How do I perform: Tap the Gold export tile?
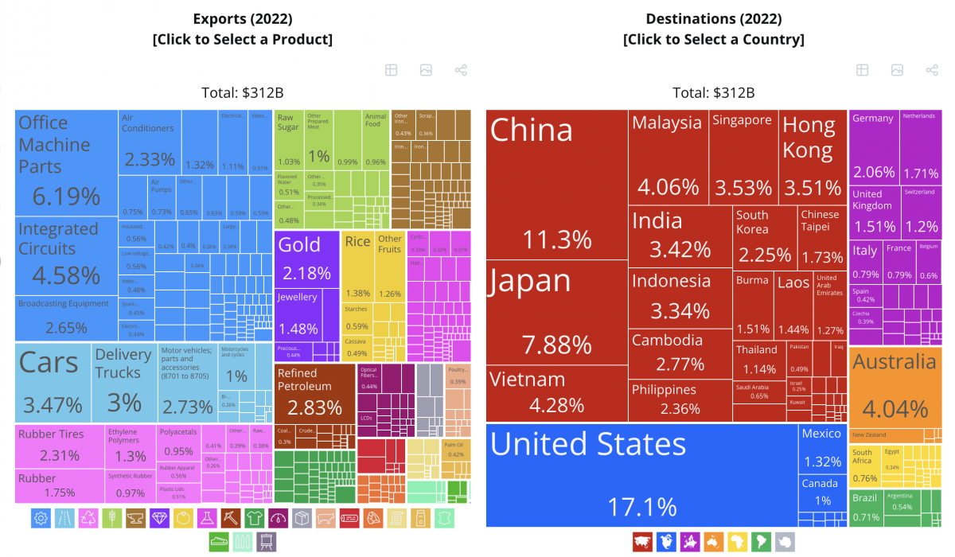306,259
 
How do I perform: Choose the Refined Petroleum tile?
314,394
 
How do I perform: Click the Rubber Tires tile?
60,446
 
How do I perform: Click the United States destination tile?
641,474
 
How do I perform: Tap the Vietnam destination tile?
556,394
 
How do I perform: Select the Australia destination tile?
895,386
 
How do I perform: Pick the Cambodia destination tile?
679,353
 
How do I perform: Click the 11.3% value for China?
556,240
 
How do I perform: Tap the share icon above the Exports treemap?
461,70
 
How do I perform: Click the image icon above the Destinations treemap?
897,70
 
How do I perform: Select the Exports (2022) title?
243,18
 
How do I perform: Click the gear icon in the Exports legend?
41,519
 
